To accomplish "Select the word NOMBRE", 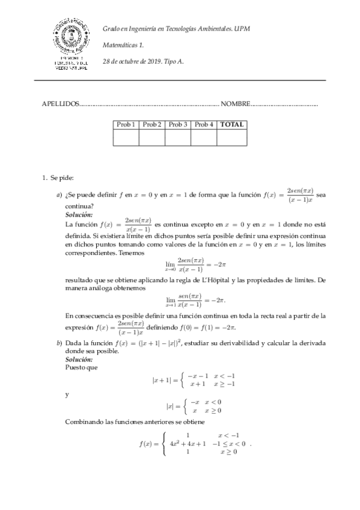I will pos(235,104).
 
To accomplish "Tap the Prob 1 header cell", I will pos(126,124).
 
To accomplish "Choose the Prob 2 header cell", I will pos(151,124).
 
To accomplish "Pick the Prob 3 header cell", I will pos(178,124).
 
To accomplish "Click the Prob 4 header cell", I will pos(204,124).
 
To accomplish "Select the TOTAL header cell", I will pos(231,124).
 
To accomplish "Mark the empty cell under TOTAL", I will pos(231,138).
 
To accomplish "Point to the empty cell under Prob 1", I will pos(126,138).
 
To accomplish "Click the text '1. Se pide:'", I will pos(57,177).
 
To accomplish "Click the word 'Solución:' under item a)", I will pos(79,214).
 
